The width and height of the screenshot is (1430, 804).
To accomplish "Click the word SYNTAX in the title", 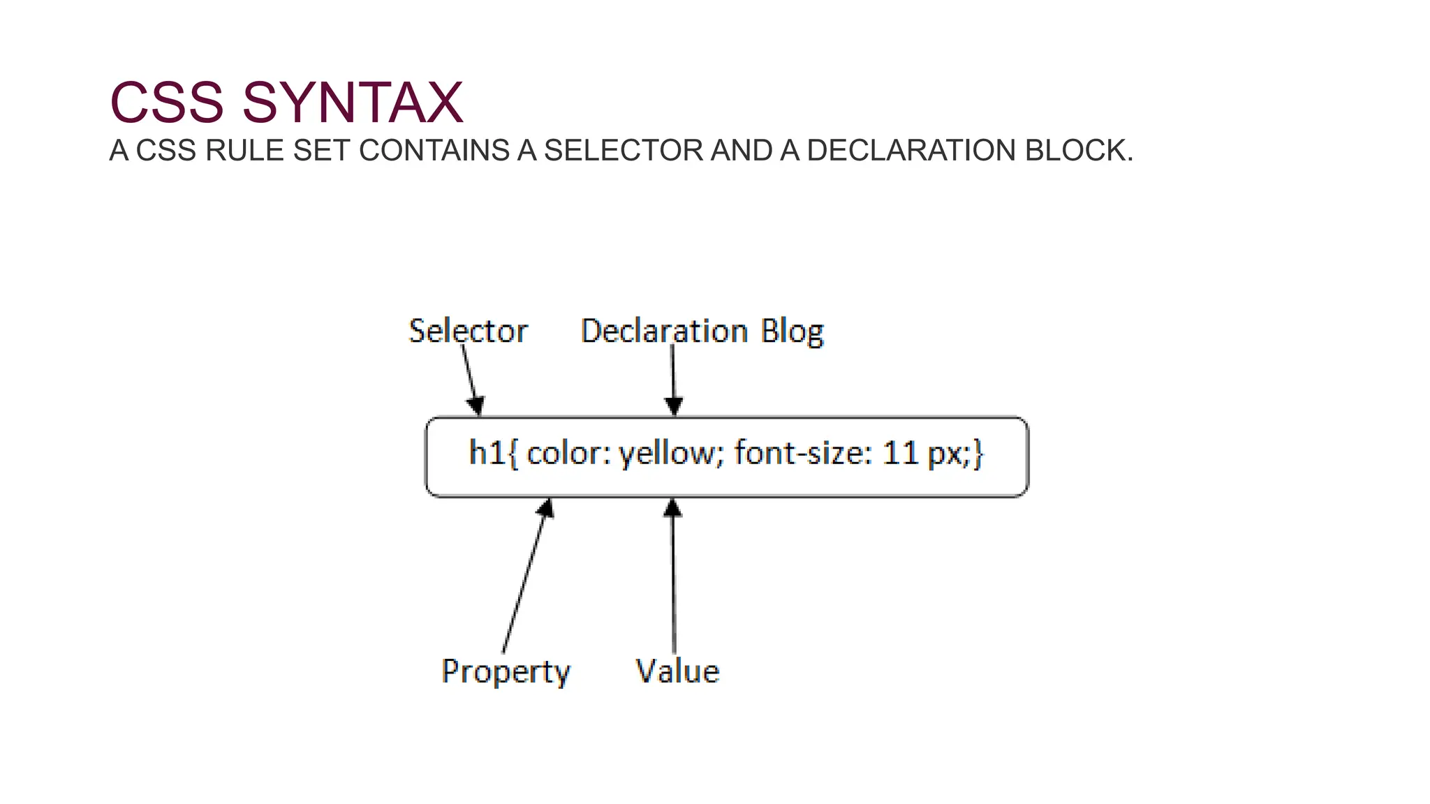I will [352, 103].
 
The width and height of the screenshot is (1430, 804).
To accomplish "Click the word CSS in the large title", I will [167, 103].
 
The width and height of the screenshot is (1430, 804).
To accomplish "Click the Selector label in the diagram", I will [468, 331].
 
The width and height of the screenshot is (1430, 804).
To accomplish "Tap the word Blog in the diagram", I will [792, 332].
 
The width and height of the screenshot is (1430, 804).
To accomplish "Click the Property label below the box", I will [506, 671].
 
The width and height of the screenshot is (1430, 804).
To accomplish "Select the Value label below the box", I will [677, 671].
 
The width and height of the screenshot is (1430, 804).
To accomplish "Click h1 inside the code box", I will [487, 453].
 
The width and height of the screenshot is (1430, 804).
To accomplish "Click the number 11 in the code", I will [899, 453].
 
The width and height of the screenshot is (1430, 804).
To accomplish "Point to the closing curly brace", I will [978, 454].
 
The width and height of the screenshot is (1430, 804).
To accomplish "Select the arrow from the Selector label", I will [471, 380].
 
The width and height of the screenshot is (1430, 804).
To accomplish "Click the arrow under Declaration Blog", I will [673, 380].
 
